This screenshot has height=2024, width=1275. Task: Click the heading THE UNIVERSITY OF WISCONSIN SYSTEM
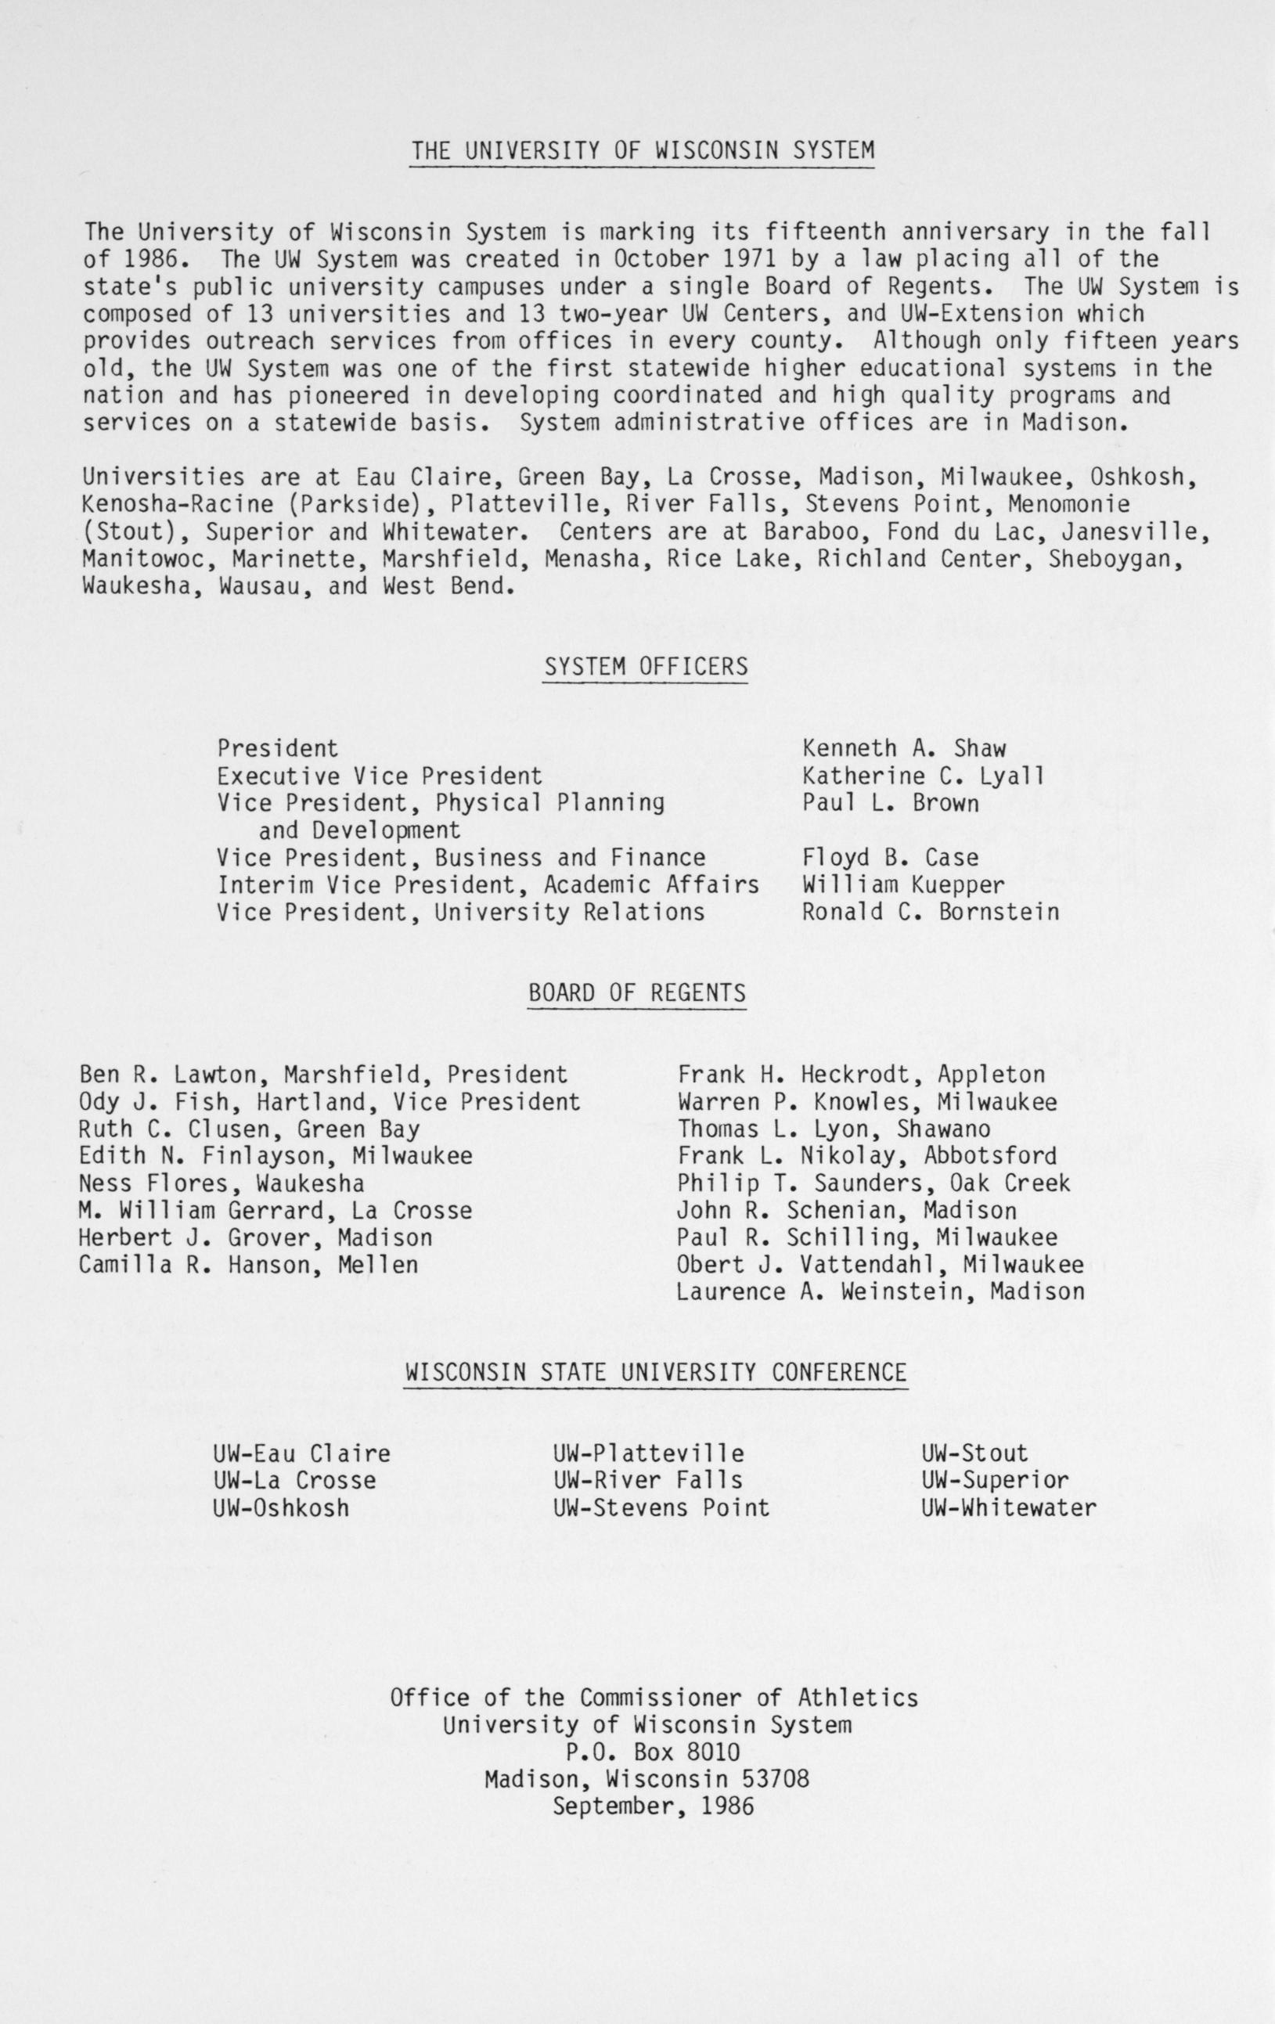[642, 150]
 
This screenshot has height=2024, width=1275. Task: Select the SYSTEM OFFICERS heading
[646, 667]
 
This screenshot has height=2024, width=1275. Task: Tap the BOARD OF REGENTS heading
[637, 992]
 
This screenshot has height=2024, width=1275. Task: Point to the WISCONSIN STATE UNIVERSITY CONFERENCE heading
[656, 1373]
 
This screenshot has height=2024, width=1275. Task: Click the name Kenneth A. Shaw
[903, 748]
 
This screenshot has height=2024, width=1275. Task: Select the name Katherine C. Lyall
[923, 775]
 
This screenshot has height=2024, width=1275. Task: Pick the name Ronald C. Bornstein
[931, 912]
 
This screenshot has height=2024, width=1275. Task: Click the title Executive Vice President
[379, 775]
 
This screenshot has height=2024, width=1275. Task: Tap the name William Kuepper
[903, 885]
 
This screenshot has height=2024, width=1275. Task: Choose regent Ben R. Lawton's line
[323, 1074]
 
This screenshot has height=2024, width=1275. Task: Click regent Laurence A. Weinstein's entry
[880, 1291]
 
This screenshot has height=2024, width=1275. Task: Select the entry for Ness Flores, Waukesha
[222, 1183]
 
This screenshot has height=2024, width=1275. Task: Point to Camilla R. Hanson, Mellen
[249, 1264]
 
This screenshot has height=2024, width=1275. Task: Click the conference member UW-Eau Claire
[302, 1453]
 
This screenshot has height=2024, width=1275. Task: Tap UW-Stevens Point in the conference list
[661, 1508]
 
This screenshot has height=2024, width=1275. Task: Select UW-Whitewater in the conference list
[1009, 1508]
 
